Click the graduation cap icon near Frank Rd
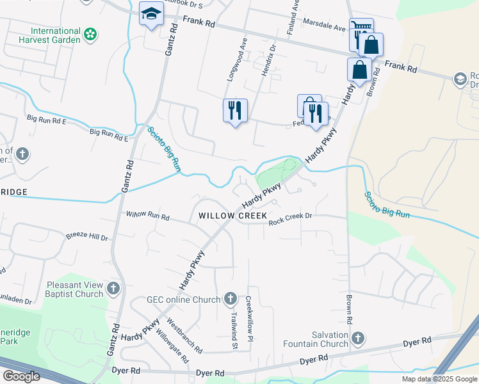point(151,14)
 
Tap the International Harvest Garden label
point(56,35)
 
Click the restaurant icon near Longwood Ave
point(235,110)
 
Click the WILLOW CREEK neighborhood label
point(232,216)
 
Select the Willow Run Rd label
point(147,216)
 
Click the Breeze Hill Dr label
point(87,237)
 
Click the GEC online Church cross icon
point(231,299)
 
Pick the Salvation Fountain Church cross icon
point(358,337)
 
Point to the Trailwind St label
point(234,328)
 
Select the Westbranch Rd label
point(184,335)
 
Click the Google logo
point(21,376)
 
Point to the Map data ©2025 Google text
point(439,379)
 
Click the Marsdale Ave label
point(324,28)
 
